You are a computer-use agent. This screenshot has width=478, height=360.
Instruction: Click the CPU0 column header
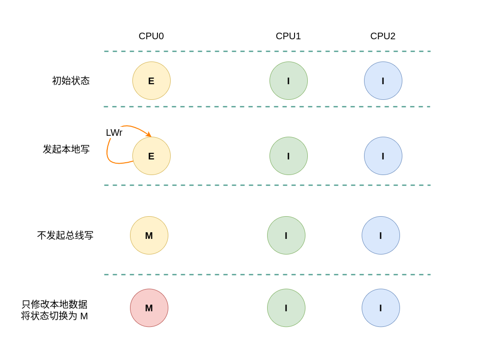point(151,36)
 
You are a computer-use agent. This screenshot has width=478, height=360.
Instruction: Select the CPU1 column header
point(288,36)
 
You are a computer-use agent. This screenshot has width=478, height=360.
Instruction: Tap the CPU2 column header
point(382,36)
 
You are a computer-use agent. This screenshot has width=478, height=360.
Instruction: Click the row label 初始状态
point(71,81)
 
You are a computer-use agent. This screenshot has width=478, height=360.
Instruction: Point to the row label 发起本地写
point(66,149)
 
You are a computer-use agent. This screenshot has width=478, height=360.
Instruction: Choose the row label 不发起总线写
point(65,236)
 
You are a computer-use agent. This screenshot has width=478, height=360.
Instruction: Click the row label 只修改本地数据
point(54,304)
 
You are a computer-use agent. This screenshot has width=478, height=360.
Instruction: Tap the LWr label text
point(114,133)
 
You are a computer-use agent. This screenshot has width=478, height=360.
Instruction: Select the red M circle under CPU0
point(149,308)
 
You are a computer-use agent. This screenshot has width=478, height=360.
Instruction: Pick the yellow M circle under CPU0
point(149,236)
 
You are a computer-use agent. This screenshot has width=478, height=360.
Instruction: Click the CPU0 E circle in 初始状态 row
point(151,81)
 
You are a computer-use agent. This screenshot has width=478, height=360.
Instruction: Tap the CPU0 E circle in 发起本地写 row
point(151,156)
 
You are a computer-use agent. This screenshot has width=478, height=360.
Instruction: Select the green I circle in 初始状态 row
point(288,81)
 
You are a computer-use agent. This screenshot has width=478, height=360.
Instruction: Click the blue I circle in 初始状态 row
point(383,81)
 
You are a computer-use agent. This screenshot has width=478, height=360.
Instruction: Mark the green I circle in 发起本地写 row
point(288,156)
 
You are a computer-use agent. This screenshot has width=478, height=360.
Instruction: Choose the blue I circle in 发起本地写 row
point(383,156)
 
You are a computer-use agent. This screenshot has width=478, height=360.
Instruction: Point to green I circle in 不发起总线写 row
point(286,236)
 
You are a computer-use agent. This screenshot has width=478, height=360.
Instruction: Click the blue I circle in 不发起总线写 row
point(381,236)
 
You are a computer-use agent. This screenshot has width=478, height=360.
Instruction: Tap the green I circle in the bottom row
point(286,308)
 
